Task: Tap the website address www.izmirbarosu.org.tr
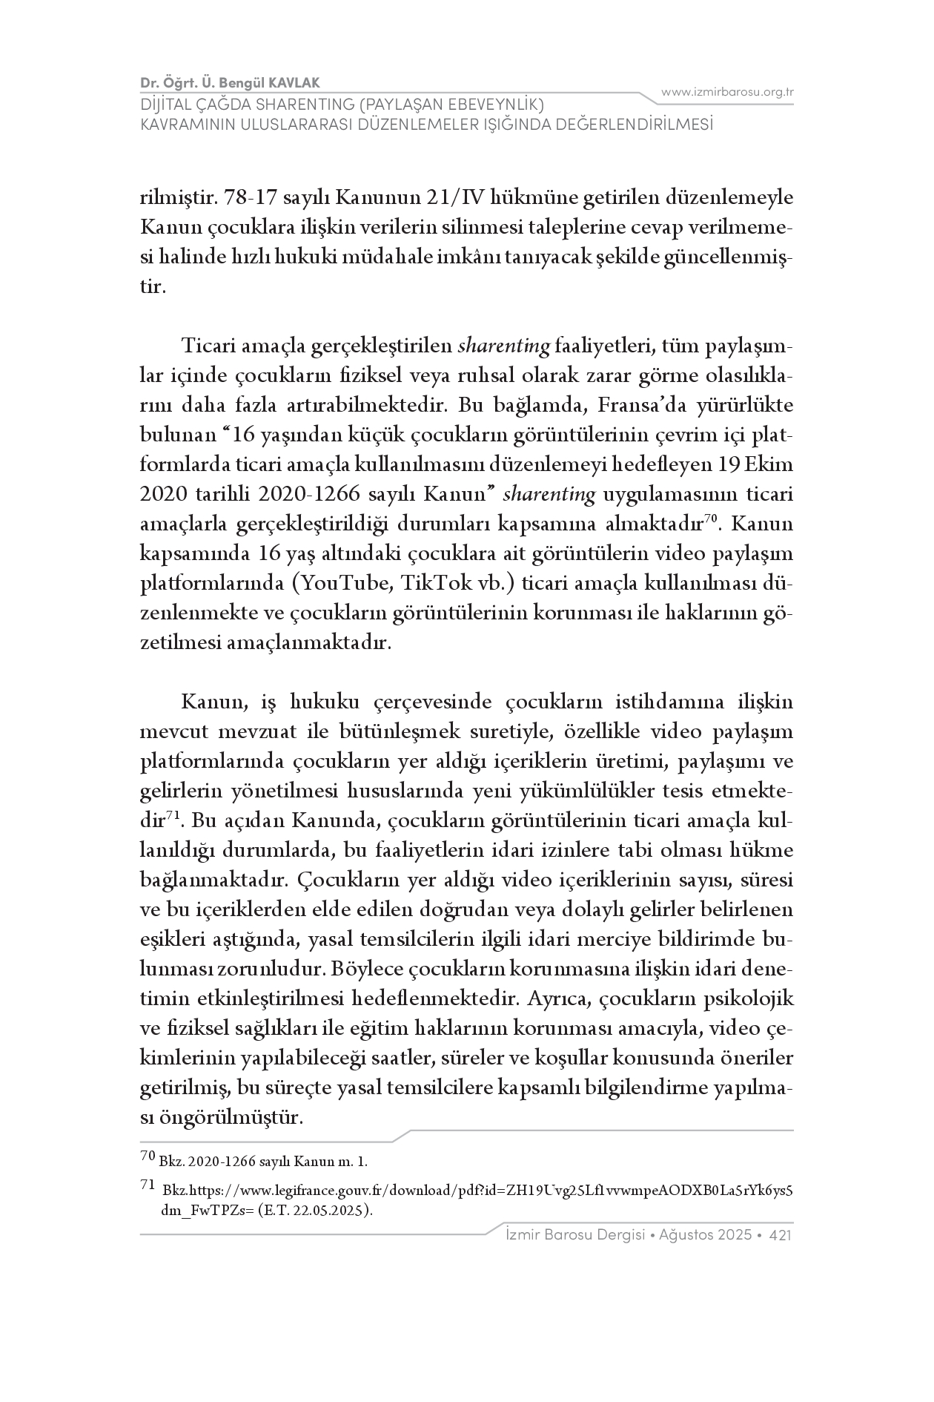click(727, 92)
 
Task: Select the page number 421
click(782, 1235)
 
